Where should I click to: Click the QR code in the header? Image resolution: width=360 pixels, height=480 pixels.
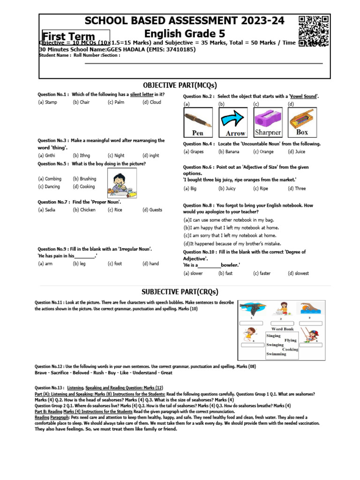click(313, 29)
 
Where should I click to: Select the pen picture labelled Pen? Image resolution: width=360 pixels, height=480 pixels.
click(197, 122)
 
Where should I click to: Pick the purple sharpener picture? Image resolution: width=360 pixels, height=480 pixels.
click(268, 122)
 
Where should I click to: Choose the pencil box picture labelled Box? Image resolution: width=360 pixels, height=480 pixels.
click(302, 122)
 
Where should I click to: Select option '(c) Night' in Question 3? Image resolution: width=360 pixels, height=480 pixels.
click(116, 156)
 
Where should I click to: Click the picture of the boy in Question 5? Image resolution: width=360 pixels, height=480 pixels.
click(119, 184)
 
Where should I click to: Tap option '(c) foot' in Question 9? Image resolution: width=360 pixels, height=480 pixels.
click(114, 264)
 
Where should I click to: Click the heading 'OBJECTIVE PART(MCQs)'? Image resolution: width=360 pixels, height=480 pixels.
click(180, 85)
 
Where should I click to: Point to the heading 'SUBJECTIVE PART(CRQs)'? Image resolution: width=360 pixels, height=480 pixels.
click(180, 292)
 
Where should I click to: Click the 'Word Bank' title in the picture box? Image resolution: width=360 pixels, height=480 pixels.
click(282, 329)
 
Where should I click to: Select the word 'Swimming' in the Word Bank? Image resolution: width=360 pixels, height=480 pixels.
click(276, 354)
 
